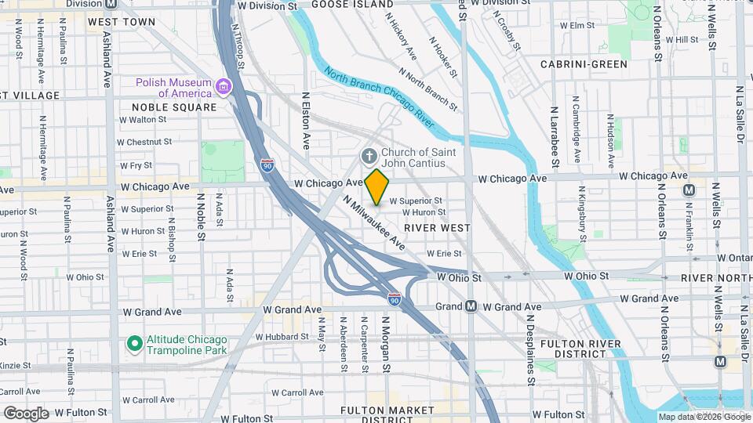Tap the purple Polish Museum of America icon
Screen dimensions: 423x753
coord(224,85)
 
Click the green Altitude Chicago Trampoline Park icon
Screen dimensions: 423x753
coord(134,343)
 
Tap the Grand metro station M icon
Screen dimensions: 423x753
coord(471,306)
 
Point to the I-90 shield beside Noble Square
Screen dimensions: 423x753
coord(268,164)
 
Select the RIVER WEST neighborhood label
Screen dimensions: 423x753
coord(437,227)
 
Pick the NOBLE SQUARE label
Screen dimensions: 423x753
coord(174,107)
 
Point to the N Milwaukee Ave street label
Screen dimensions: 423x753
coord(375,222)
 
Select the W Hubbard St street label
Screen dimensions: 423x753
coord(279,335)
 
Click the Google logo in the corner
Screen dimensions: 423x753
coord(26,413)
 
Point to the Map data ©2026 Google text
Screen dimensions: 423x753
coord(703,417)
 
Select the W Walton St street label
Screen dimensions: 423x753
coord(143,120)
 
